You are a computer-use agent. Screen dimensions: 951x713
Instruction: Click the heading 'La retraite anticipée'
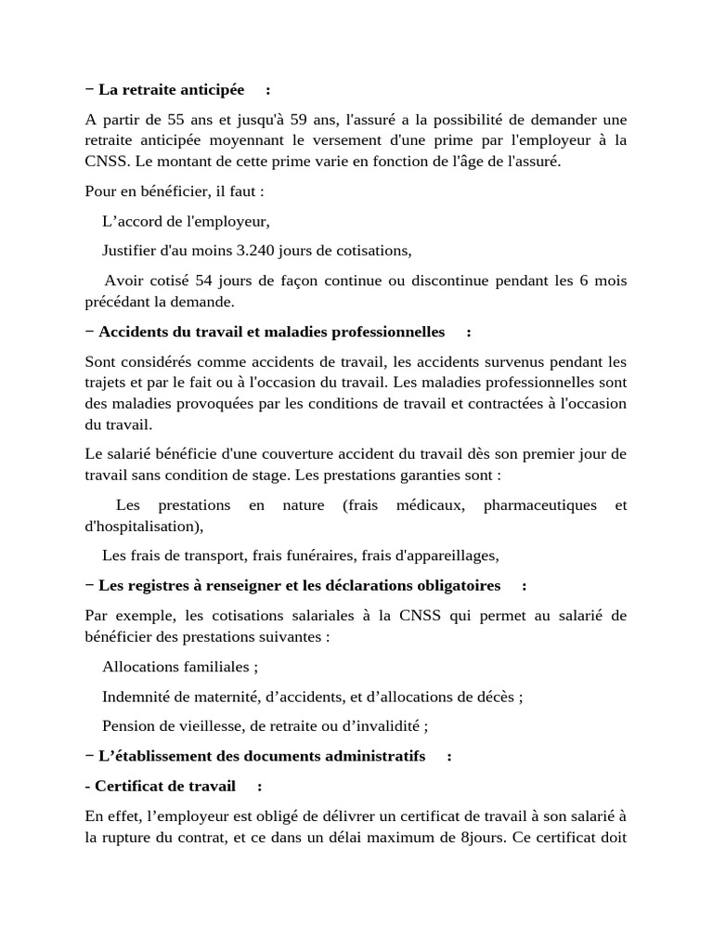(171, 89)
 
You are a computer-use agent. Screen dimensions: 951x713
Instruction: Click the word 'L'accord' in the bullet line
(131, 222)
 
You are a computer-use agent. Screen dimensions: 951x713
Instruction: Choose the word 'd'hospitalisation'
(140, 527)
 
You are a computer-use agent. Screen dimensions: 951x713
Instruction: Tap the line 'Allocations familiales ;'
(180, 667)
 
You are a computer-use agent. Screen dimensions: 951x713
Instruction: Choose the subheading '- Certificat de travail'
(164, 786)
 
